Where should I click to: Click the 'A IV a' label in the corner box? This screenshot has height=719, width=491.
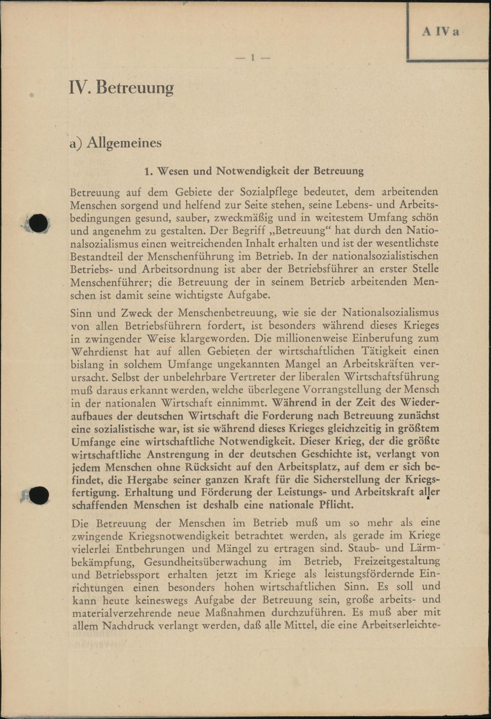pyautogui.click(x=440, y=32)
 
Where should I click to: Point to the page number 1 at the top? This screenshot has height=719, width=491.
pyautogui.click(x=252, y=58)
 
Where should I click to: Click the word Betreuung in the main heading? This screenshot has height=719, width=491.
pyautogui.click(x=135, y=88)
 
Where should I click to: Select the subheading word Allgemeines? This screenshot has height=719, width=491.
pyautogui.click(x=124, y=143)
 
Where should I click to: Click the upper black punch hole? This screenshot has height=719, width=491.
pyautogui.click(x=38, y=224)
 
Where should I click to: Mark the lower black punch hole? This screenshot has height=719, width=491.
pyautogui.click(x=38, y=495)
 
